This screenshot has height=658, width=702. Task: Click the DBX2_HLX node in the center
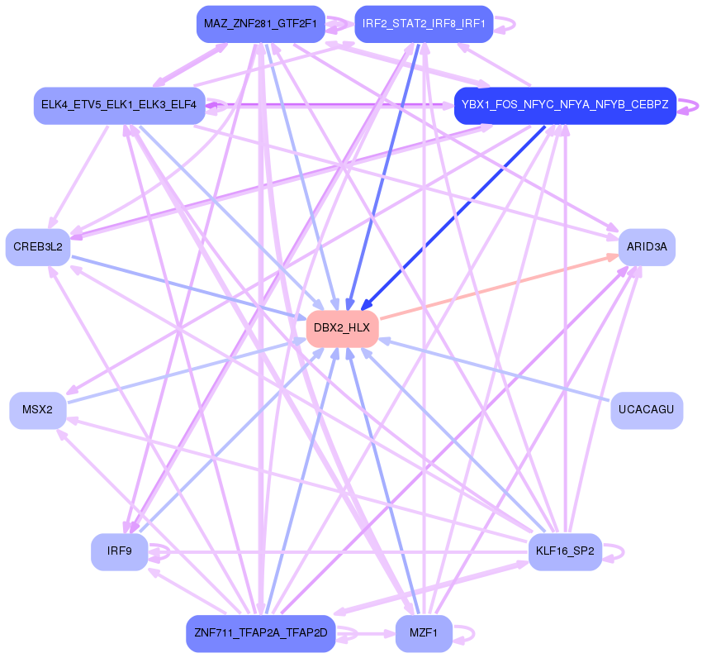coord(342,328)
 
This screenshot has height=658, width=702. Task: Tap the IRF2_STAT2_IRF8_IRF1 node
coord(424,24)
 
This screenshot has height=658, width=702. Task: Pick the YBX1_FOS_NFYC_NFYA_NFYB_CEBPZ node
coord(565,106)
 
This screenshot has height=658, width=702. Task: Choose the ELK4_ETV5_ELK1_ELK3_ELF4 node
coord(119,106)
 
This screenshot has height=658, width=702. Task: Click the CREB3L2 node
coord(38,246)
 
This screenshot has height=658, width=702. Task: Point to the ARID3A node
coord(647,246)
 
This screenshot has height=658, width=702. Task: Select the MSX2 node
coord(38,410)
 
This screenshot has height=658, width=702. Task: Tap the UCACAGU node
coord(647,410)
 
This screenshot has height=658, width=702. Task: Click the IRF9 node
coord(120,551)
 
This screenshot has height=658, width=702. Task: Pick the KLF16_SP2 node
coord(565,551)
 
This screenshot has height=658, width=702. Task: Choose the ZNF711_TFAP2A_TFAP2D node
coord(261,633)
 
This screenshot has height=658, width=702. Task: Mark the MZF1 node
coord(424,633)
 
